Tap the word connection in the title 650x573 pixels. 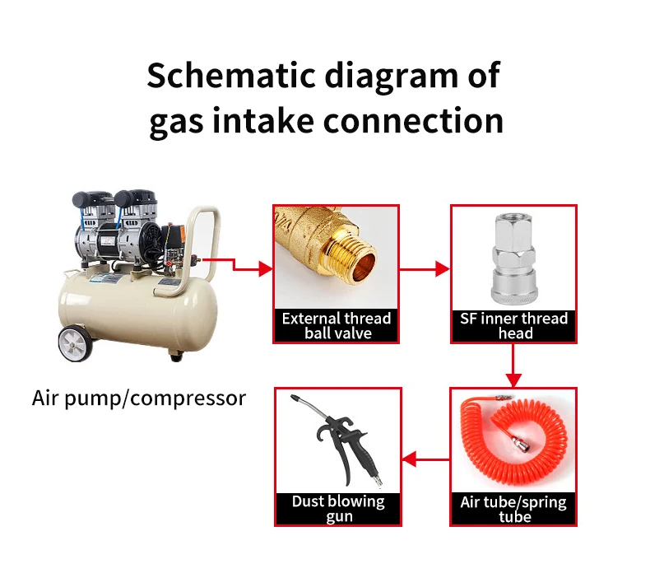tap(412, 121)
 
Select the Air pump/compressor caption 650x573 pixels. tap(139, 398)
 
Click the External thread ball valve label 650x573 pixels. tap(337, 326)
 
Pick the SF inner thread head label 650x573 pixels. tap(514, 326)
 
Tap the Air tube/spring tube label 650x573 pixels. tap(513, 509)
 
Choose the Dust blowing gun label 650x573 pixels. tap(337, 509)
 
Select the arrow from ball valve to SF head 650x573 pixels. tap(425, 268)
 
